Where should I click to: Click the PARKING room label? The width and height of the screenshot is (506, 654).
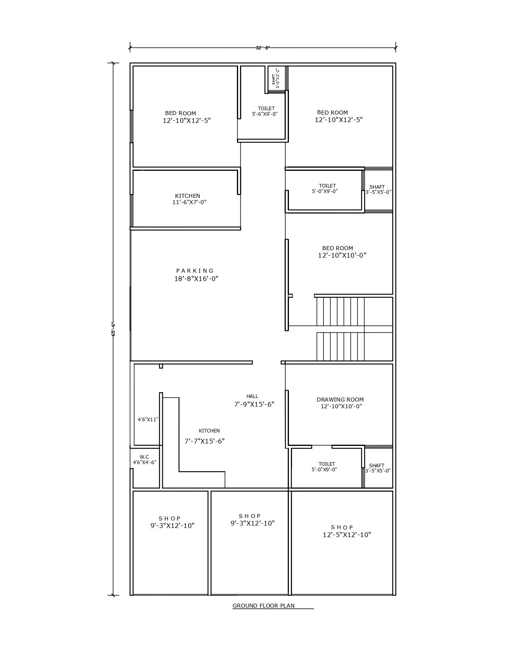click(x=195, y=271)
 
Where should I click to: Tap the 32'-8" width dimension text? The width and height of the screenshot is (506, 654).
click(x=262, y=48)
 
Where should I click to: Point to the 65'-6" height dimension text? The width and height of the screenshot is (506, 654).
click(x=114, y=329)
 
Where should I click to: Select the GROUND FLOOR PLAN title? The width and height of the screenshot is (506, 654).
click(x=264, y=606)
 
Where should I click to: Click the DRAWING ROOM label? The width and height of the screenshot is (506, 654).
click(x=340, y=400)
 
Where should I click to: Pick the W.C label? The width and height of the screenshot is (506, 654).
click(x=144, y=457)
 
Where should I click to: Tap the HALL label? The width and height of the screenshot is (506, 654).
click(x=252, y=396)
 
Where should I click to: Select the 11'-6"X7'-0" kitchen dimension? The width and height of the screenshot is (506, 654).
click(x=189, y=202)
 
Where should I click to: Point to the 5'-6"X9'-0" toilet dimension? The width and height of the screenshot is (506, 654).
click(x=265, y=114)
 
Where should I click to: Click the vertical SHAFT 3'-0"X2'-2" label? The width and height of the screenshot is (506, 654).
click(x=276, y=78)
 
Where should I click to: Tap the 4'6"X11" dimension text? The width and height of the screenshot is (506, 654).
click(x=148, y=419)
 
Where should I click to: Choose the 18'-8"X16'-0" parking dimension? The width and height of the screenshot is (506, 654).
click(x=196, y=279)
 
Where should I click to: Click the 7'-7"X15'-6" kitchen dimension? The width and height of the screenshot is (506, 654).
click(x=205, y=441)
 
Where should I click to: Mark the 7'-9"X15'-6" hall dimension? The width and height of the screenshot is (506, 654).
click(x=254, y=404)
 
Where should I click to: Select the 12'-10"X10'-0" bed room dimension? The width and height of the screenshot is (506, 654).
click(x=342, y=256)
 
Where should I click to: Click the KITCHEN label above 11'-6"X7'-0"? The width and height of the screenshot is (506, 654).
click(x=187, y=196)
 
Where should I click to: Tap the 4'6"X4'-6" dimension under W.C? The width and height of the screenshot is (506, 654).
click(x=145, y=462)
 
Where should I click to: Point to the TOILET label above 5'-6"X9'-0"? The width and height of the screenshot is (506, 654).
click(x=266, y=108)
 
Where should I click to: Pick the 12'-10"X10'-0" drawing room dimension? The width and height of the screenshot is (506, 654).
click(x=341, y=406)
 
